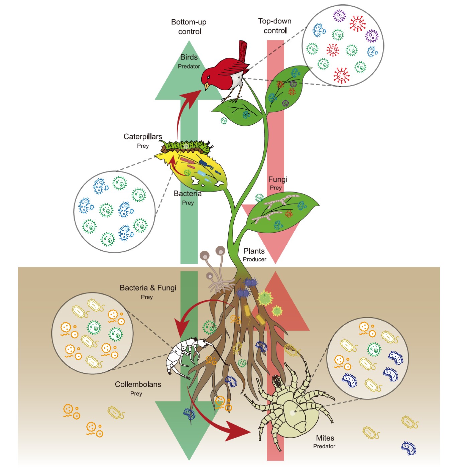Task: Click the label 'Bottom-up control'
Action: tap(189, 27)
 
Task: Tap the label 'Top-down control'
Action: tap(275, 26)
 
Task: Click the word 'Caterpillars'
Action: tap(143, 136)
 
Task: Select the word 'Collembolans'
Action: tap(138, 384)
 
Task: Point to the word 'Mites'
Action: tap(325, 438)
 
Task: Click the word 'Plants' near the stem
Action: tap(254, 251)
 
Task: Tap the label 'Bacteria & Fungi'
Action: tap(148, 288)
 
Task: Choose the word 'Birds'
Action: tap(189, 57)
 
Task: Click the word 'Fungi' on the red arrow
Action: tap(278, 180)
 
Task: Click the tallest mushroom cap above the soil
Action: tap(220, 250)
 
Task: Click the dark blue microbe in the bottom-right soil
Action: tap(409, 448)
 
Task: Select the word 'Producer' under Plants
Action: tap(254, 259)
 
